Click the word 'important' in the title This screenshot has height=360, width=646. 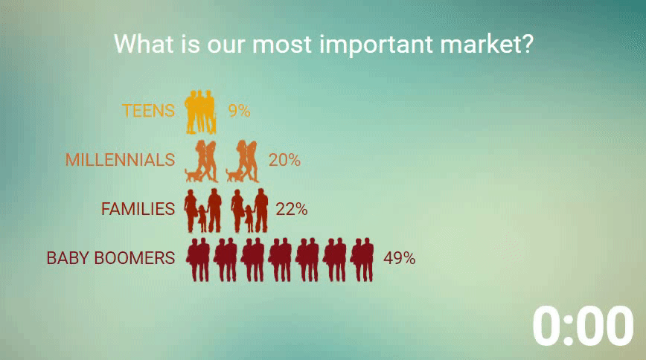coord(376,45)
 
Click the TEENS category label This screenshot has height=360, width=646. coord(148,111)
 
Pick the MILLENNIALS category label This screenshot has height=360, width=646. coord(121,160)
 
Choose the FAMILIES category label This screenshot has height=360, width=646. coord(138,209)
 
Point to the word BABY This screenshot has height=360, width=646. coord(68,258)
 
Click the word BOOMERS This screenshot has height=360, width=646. coord(135,258)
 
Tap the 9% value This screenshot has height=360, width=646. coord(240,111)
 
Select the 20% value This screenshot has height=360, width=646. coord(284,160)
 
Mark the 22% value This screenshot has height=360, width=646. coord(291,209)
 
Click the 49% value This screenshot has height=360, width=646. coord(399,258)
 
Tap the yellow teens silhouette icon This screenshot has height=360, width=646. coord(200,112)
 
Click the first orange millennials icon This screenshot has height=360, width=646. coord(202,161)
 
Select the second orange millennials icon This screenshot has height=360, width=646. coord(243,161)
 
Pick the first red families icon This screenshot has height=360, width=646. coord(203,210)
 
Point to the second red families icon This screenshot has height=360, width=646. coord(249,210)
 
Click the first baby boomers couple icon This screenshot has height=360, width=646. coord(198,260)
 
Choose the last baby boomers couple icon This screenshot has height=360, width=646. coord(362,260)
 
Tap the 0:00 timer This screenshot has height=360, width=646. coord(583,327)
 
